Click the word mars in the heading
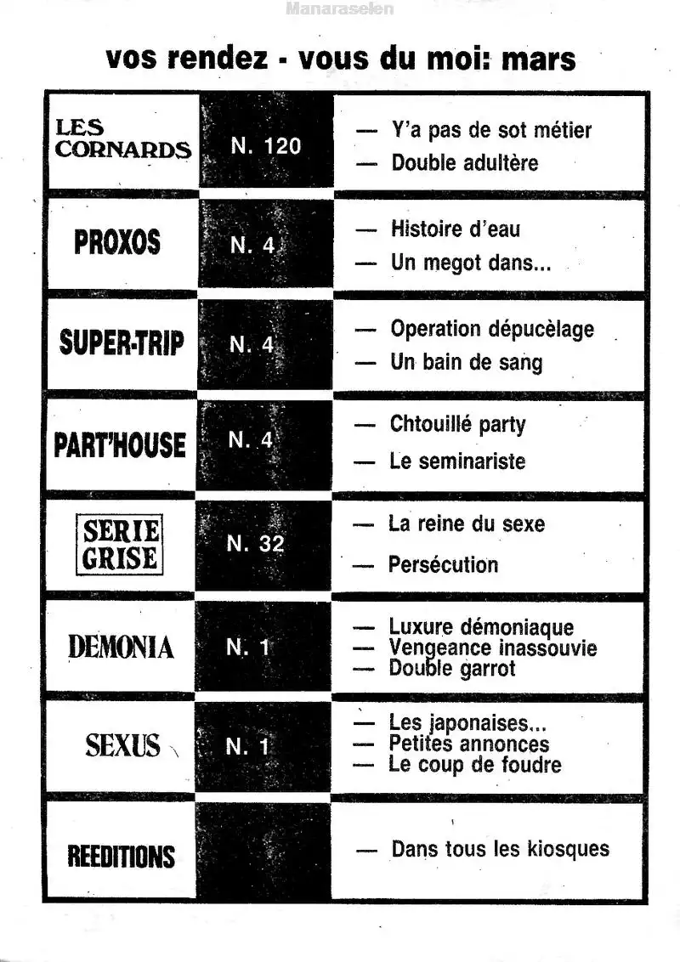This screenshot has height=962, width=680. click(538, 59)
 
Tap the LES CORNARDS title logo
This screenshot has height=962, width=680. click(123, 139)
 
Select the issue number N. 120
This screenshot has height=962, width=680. click(266, 146)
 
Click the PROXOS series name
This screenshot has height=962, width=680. click(117, 243)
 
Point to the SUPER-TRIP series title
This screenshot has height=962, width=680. click(122, 343)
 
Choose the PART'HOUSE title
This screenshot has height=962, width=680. click(120, 444)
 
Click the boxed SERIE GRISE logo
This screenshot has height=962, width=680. click(120, 545)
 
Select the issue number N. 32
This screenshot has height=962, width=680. click(255, 544)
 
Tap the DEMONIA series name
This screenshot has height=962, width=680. click(121, 648)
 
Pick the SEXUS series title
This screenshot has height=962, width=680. click(122, 746)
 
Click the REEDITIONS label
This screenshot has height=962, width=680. click(121, 855)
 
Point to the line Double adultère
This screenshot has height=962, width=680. click(464, 162)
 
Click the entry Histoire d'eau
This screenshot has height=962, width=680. click(456, 229)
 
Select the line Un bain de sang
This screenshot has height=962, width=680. click(466, 362)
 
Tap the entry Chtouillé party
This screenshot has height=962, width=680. click(457, 424)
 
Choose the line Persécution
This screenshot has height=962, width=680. click(443, 564)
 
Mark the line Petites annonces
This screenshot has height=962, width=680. click(468, 744)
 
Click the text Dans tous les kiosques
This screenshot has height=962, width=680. click(500, 849)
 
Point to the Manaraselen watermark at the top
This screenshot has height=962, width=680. click(340, 10)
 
